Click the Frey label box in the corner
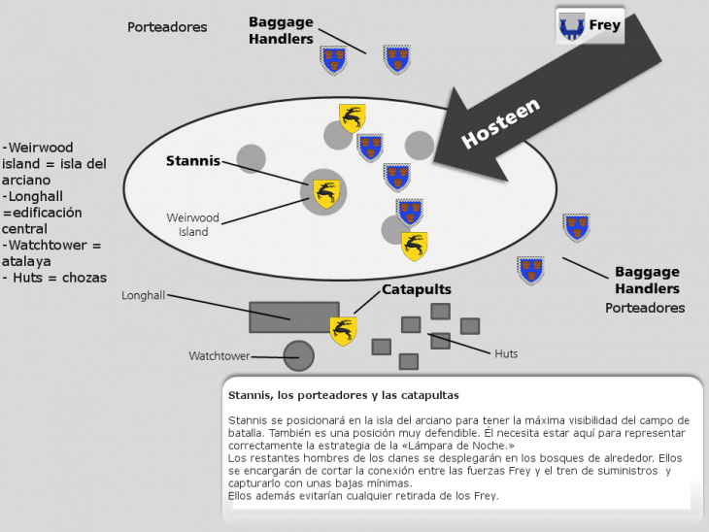(589, 26)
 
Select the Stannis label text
(193, 161)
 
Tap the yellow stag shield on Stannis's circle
(326, 194)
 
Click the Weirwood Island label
(193, 224)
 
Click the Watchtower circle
(298, 356)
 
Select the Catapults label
(416, 289)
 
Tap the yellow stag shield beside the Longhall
(343, 331)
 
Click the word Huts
(506, 353)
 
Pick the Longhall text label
(143, 295)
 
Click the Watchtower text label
(219, 356)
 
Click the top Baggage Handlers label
(281, 30)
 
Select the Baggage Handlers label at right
(647, 281)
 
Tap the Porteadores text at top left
(167, 27)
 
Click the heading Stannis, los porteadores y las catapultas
(343, 395)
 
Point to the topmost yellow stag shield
(353, 117)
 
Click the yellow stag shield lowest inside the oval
(415, 246)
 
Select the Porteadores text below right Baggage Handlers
(644, 308)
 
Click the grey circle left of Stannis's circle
(251, 158)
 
